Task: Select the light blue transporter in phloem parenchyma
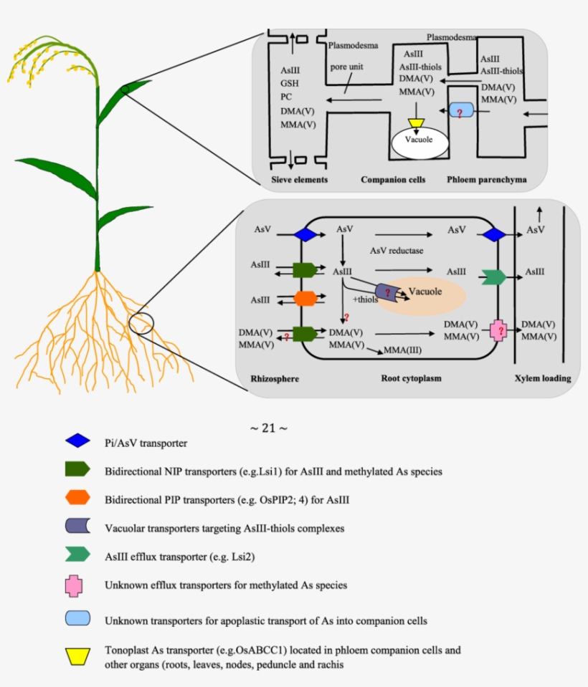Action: point(461,111)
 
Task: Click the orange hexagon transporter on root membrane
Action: point(305,298)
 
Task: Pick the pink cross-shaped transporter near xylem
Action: point(498,330)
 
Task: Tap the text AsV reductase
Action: point(397,251)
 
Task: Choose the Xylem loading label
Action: point(542,378)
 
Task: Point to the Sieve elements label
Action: point(299,179)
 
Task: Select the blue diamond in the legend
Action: point(77,441)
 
